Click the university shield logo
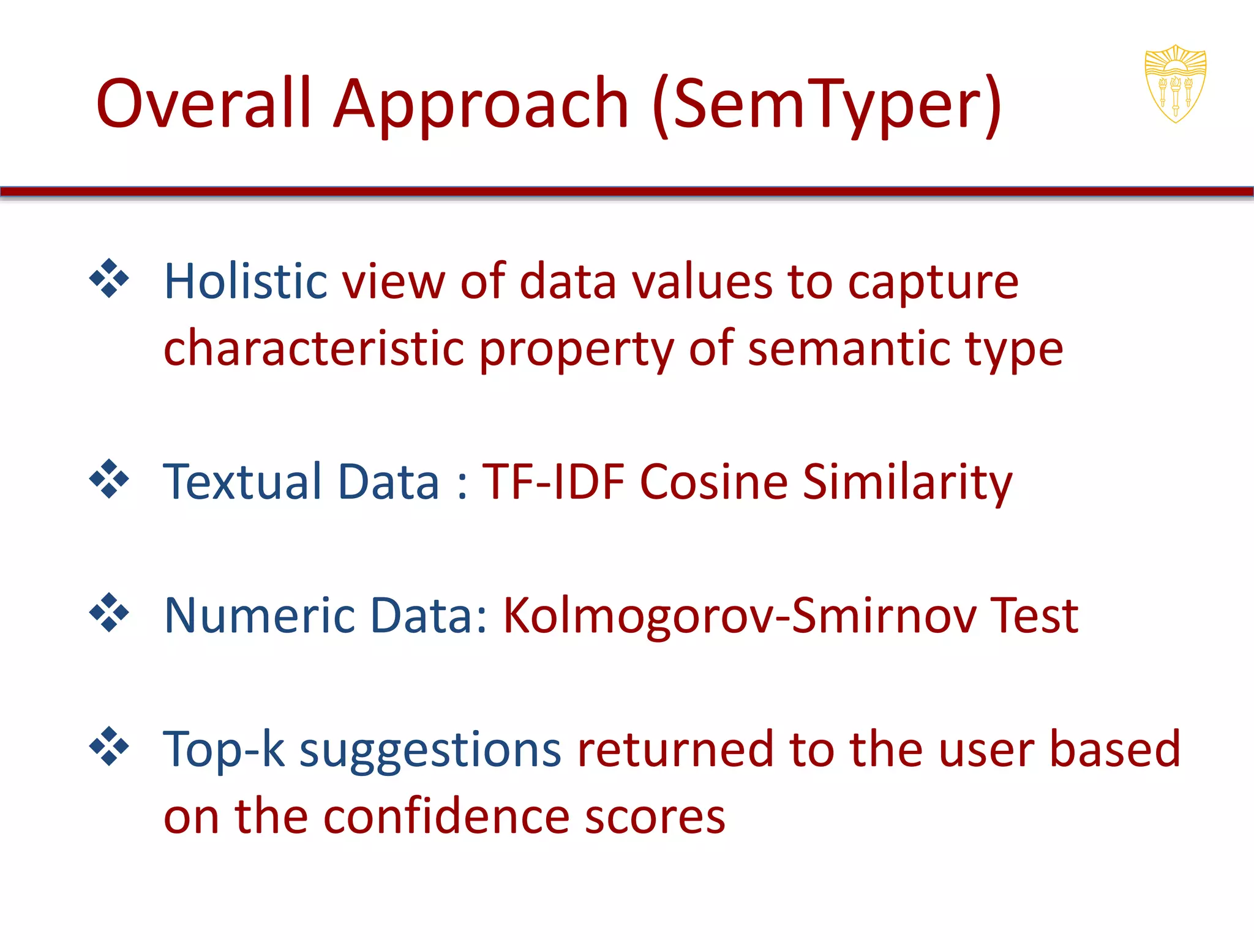[x=1175, y=84]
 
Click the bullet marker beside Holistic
[x=109, y=278]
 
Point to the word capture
[x=933, y=283]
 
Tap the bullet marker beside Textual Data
[x=109, y=479]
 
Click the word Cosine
[x=713, y=482]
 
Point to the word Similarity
[x=907, y=483]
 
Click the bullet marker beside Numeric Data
[x=109, y=612]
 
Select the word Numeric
[x=260, y=615]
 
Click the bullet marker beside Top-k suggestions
[x=109, y=746]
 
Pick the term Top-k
[x=224, y=749]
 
